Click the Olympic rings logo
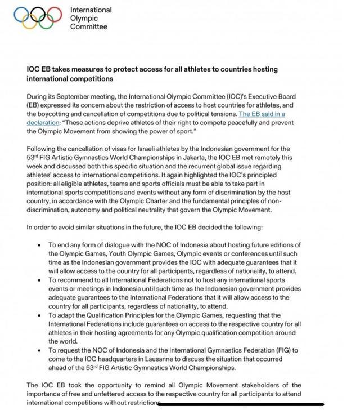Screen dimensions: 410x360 (38, 17)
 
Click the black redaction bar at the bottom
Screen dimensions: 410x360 (242, 403)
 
